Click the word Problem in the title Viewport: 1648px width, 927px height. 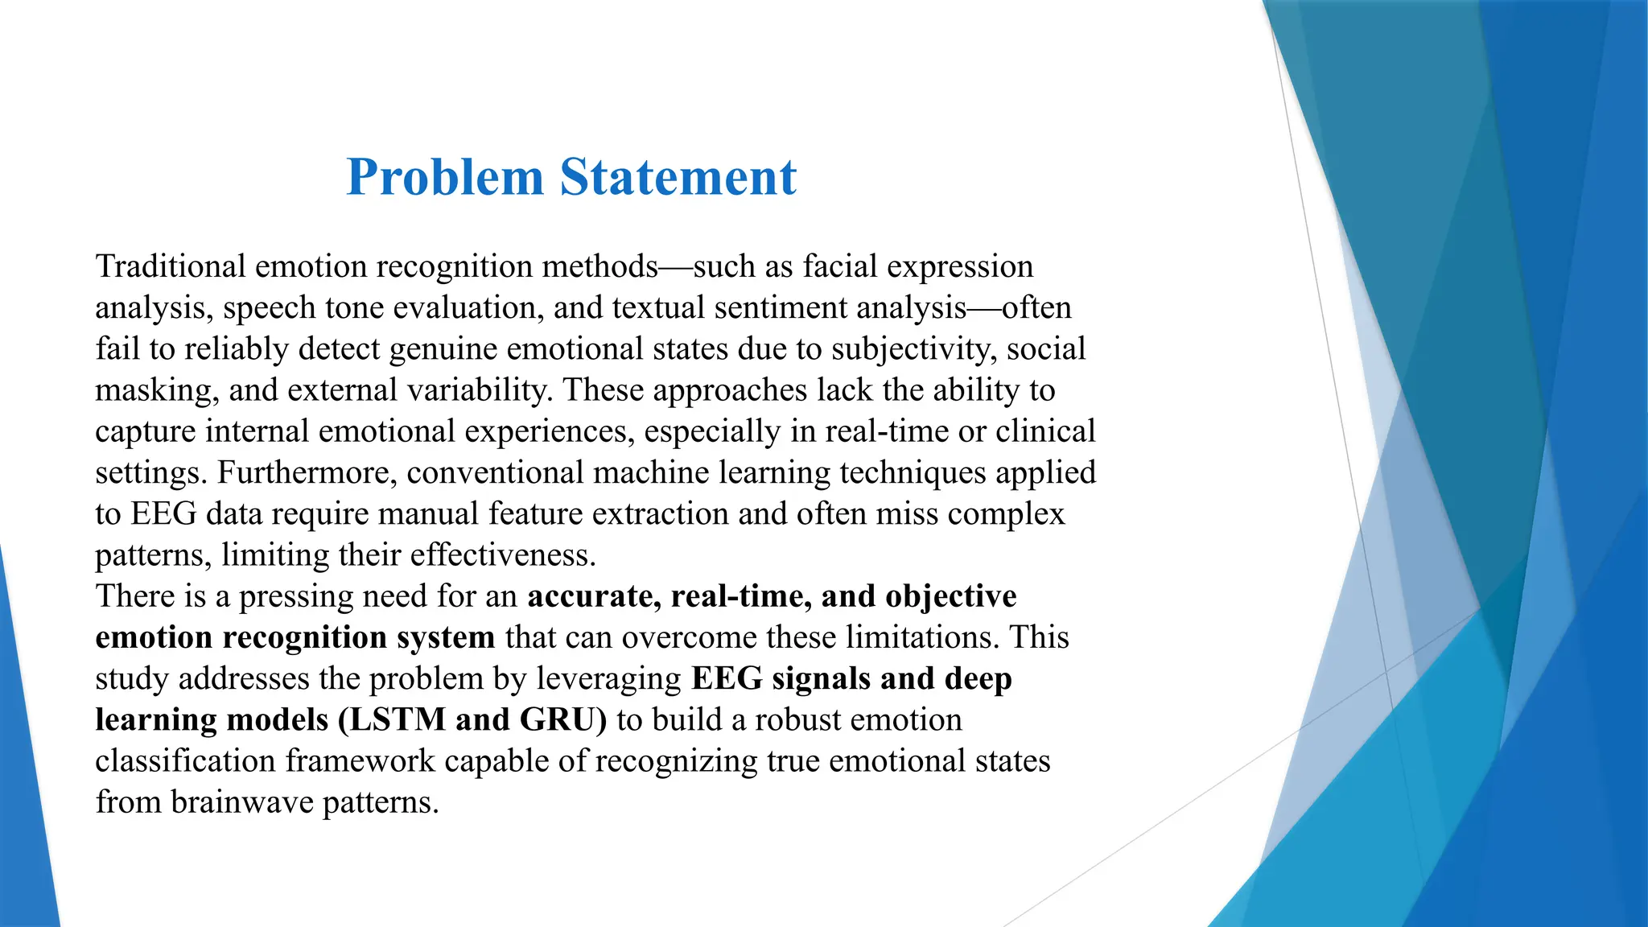click(445, 178)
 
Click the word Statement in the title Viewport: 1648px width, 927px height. click(678, 178)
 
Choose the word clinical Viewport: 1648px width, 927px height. click(1045, 431)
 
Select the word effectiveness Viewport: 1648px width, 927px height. click(503, 555)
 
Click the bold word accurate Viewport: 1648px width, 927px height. click(594, 596)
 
